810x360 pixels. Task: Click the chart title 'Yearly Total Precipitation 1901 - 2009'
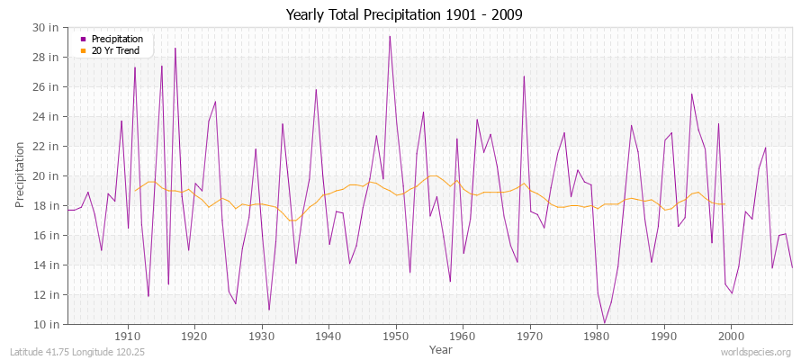point(403,15)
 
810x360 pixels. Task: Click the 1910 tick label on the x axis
point(128,336)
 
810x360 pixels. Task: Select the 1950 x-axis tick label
point(396,336)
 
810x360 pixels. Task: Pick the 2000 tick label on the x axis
point(731,336)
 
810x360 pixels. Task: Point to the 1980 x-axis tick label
point(597,336)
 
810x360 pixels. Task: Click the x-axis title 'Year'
point(428,348)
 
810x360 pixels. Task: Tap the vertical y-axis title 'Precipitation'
point(21,175)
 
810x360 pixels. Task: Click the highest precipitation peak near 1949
point(390,36)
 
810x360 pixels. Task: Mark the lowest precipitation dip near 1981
point(604,323)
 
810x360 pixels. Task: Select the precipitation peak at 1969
point(524,76)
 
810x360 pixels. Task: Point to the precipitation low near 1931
point(269,310)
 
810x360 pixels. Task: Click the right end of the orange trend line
point(724,204)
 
